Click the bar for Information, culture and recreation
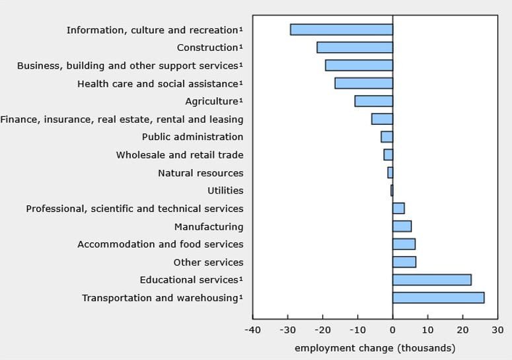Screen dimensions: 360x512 341,30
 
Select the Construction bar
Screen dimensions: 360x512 355,48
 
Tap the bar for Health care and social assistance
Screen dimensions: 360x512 363,83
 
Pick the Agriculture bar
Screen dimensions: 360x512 373,101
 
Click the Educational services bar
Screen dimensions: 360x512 431,280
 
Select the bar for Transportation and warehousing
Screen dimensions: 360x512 438,298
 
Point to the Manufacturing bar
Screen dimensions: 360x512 402,227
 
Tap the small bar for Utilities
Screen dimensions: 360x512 392,190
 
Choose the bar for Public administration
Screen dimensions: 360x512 386,137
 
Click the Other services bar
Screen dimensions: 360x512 404,262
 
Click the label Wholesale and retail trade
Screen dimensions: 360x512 180,155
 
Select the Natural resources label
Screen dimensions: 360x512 200,173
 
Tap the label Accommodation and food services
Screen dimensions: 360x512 161,244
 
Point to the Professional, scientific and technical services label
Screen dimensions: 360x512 135,209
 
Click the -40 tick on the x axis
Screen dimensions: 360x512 252,330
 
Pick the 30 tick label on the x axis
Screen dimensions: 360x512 497,330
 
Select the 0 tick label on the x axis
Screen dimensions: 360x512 392,330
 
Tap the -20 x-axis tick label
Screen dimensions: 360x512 322,330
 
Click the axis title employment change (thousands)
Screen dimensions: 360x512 375,348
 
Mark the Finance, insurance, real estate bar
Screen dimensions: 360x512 382,119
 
